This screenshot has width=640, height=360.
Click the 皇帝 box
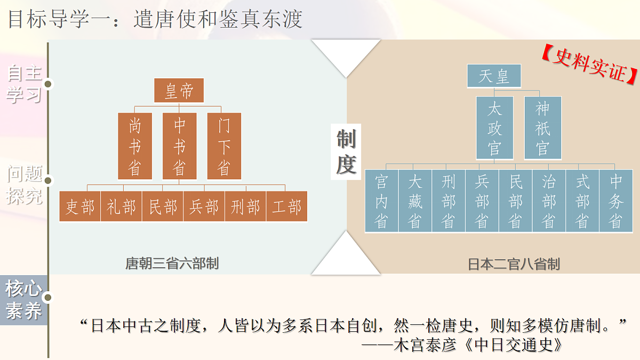pyautogui.click(x=179, y=90)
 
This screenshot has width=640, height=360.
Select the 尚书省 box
pyautogui.click(x=135, y=146)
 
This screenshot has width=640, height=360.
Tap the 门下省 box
pyautogui.click(x=224, y=146)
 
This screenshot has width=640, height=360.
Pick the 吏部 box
pyautogui.click(x=79, y=206)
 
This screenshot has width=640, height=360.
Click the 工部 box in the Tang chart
pyautogui.click(x=286, y=206)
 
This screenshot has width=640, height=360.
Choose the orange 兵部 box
pyautogui.click(x=204, y=206)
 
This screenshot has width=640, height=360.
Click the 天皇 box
pyautogui.click(x=494, y=76)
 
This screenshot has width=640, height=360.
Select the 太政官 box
pyautogui.click(x=494, y=127)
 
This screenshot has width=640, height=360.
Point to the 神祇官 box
pyautogui.click(x=543, y=127)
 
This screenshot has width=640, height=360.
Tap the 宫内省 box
pyautogui.click(x=382, y=201)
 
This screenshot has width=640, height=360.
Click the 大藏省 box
pyautogui.click(x=415, y=201)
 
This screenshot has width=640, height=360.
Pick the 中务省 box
pyautogui.click(x=616, y=201)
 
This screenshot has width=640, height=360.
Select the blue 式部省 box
pyautogui.click(x=582, y=201)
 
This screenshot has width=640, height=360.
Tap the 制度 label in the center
pyautogui.click(x=346, y=151)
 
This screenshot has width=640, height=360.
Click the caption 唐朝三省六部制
pyautogui.click(x=172, y=263)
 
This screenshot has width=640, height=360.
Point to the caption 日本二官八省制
pyautogui.click(x=514, y=264)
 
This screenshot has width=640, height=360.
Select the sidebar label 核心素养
pyautogui.click(x=23, y=300)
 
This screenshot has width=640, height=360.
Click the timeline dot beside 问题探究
pyautogui.click(x=48, y=181)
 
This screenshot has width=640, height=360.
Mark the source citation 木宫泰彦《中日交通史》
pyautogui.click(x=478, y=345)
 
